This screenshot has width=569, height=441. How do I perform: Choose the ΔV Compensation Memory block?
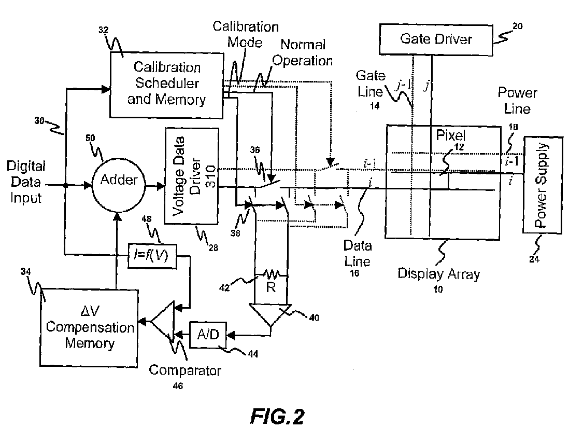88,328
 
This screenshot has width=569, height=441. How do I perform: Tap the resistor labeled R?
271,273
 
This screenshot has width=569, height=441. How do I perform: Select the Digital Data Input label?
26,182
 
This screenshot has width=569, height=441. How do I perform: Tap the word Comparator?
186,370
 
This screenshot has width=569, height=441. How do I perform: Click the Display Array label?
438,273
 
